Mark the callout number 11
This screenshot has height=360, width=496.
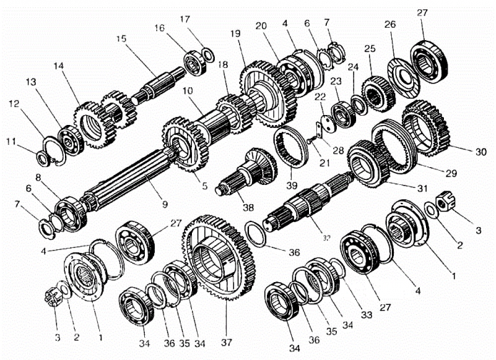point(10,141)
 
